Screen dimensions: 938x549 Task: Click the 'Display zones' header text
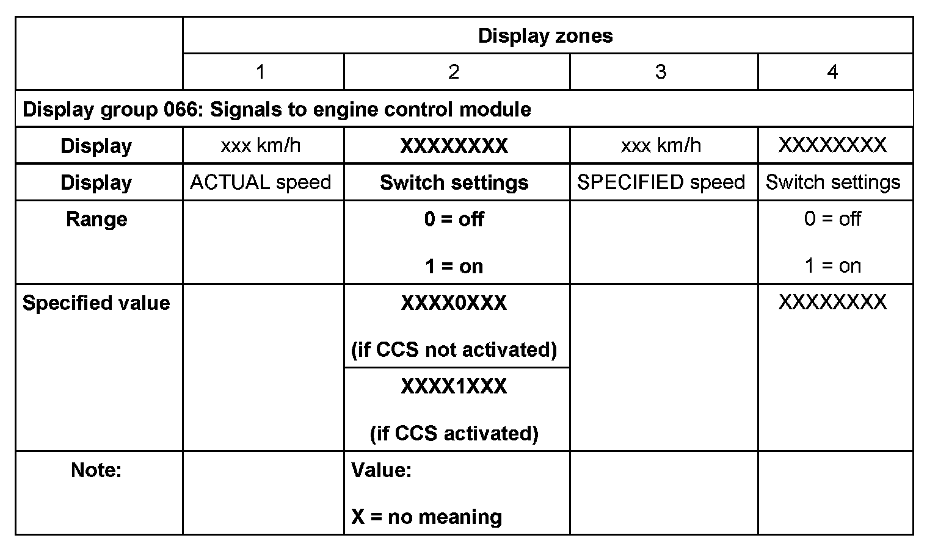(x=545, y=36)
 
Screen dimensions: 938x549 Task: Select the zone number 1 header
(x=261, y=72)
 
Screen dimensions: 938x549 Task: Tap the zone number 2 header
(x=453, y=72)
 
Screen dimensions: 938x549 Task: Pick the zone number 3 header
(x=661, y=72)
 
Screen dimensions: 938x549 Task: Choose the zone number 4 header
(x=832, y=72)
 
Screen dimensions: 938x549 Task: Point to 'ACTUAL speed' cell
(x=261, y=182)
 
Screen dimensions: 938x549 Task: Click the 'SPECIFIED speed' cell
(x=661, y=182)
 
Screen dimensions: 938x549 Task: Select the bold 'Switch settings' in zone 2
(x=454, y=182)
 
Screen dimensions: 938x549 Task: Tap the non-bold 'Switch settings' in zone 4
(x=833, y=182)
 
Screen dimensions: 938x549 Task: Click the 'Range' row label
(x=96, y=219)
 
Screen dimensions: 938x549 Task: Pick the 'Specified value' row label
(x=96, y=303)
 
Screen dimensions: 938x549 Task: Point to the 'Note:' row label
(x=96, y=470)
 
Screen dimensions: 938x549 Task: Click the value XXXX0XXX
(x=454, y=303)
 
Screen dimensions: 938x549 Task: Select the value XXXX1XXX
(x=454, y=387)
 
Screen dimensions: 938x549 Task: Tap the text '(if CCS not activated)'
(x=454, y=350)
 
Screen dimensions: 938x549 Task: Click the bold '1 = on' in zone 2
(x=454, y=266)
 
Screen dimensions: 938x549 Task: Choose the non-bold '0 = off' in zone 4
(x=832, y=219)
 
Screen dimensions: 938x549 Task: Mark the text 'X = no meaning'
(x=426, y=517)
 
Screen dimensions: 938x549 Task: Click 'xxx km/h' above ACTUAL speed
(x=261, y=146)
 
